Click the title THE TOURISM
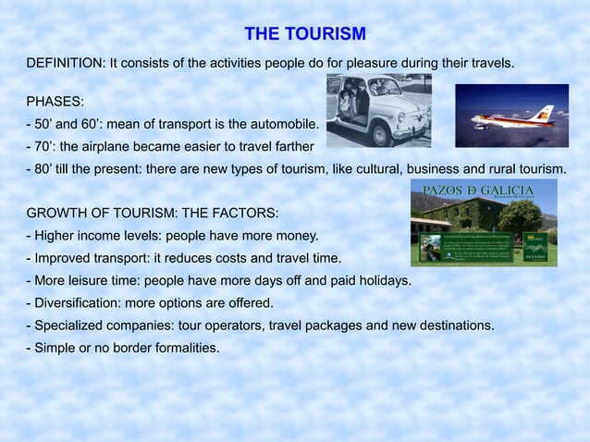(305, 35)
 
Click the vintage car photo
(378, 110)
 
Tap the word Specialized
(70, 325)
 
